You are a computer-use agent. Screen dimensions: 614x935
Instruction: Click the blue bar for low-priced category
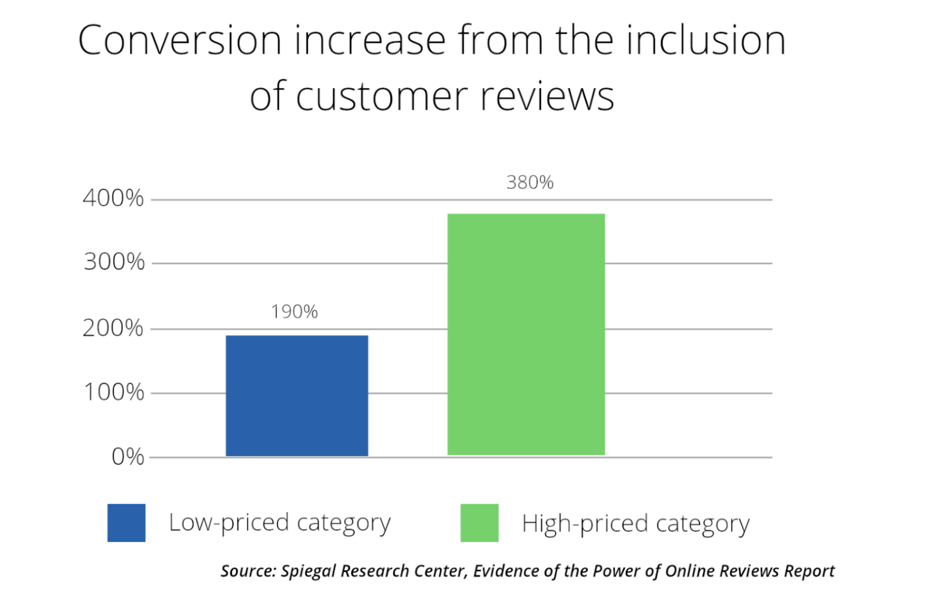[296, 395]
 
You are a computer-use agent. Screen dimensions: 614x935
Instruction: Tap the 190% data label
[295, 312]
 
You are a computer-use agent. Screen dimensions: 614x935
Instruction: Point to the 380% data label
[530, 182]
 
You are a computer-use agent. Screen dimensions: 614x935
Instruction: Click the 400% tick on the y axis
[113, 198]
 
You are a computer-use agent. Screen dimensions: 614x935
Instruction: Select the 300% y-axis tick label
[114, 262]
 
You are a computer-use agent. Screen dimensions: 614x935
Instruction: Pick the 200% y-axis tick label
[113, 328]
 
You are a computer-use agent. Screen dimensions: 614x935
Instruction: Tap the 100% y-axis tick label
[114, 392]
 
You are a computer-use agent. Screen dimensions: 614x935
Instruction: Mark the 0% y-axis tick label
[128, 456]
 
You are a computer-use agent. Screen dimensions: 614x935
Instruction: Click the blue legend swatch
[126, 523]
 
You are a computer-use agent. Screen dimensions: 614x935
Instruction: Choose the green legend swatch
[479, 523]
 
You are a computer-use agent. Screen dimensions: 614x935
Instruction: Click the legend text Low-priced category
[279, 523]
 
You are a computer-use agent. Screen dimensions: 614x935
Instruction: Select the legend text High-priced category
[636, 524]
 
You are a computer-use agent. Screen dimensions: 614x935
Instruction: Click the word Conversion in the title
[180, 41]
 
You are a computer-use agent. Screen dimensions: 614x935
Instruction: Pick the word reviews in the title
[547, 97]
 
